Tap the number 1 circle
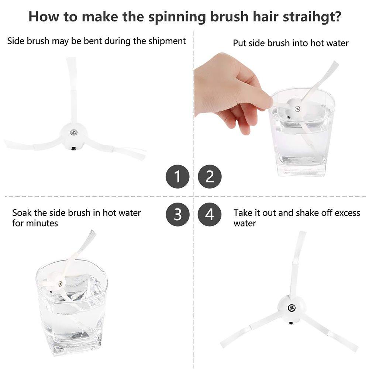coord(177,176)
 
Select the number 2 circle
coord(210,176)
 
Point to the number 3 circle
coord(177,214)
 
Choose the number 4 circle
coord(210,214)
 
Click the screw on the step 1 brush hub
coord(73,132)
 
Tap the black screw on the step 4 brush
coord(292,308)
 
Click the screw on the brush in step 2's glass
coord(297,109)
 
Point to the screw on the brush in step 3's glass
coord(60,284)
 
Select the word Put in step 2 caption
coord(239,43)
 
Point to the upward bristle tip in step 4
coord(303,232)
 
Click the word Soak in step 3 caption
coord(22,213)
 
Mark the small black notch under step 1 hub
coord(74,149)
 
